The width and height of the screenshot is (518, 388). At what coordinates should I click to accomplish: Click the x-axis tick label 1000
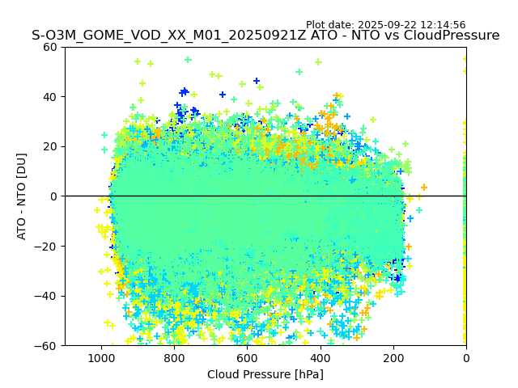101,358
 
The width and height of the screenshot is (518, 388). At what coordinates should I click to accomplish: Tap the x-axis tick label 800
174,358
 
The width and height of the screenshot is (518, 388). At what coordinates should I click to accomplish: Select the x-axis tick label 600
247,358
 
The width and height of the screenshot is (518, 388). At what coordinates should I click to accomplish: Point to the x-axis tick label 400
320,358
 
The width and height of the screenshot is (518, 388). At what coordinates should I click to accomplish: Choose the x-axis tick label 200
393,358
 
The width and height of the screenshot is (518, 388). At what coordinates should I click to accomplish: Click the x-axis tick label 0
465,358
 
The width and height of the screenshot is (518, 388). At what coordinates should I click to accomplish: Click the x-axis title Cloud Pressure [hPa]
265,374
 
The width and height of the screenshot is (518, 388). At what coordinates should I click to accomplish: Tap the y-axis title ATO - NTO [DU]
22,196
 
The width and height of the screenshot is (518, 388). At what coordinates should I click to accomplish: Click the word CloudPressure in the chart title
454,36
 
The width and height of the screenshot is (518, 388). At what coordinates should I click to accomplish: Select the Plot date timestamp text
385,25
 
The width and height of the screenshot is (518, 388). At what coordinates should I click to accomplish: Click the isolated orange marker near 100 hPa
423,188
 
